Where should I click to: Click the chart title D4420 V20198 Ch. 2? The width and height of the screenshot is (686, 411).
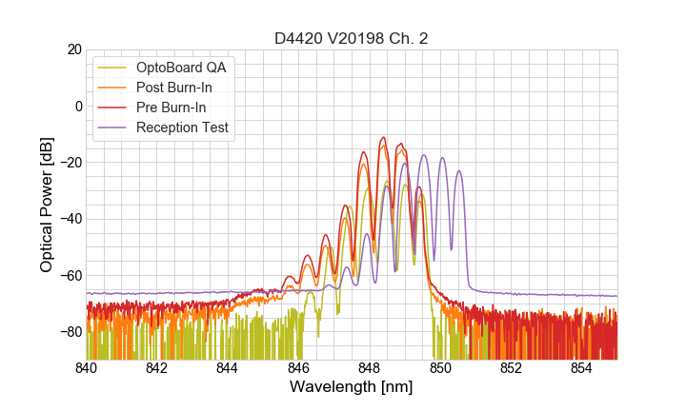click(x=352, y=38)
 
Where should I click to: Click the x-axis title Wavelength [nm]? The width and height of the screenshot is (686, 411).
click(x=352, y=387)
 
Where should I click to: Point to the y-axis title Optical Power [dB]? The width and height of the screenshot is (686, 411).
click(x=47, y=204)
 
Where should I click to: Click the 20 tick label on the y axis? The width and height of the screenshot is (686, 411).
click(x=73, y=49)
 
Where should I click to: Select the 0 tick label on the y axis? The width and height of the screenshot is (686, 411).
click(x=77, y=106)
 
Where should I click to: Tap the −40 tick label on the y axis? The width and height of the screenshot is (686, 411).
click(x=70, y=219)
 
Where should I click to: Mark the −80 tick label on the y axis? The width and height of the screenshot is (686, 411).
click(x=70, y=332)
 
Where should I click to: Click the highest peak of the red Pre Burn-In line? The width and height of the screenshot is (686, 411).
click(x=383, y=137)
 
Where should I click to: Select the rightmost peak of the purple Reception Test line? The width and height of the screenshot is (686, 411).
click(x=458, y=171)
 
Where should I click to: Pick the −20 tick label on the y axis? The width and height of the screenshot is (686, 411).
click(x=70, y=163)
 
